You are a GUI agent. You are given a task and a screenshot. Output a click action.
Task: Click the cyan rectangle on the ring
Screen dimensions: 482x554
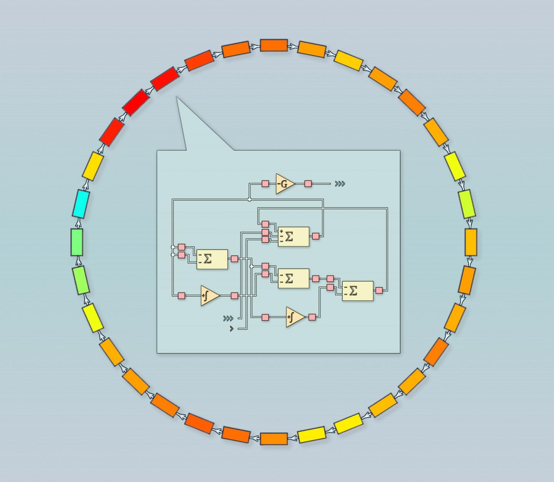pos(81,204)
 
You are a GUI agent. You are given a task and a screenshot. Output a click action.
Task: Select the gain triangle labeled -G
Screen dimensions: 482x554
pos(284,184)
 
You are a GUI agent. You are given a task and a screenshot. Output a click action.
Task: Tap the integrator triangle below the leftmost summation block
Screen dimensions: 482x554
pos(209,296)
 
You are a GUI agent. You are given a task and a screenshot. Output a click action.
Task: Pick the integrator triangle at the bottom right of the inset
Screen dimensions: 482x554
pos(295,317)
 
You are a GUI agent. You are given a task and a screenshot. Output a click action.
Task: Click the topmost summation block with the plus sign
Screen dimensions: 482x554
pos(293,236)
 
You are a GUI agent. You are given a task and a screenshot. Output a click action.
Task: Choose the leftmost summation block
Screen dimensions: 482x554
pos(212,259)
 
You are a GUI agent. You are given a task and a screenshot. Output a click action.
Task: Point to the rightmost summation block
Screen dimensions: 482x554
pos(357,291)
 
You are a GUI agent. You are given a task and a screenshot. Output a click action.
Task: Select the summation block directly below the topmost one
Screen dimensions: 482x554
pos(293,278)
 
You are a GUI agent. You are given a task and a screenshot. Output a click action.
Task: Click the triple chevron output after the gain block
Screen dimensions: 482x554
pos(340,184)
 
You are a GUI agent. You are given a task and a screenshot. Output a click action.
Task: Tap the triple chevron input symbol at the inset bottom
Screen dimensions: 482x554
pos(228,318)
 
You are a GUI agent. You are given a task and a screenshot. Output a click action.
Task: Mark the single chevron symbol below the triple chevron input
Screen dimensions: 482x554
pos(231,328)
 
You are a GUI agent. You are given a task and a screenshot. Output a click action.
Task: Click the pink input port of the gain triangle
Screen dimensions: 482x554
pos(265,184)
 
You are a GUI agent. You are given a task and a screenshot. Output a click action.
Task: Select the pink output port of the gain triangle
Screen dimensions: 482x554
pos(308,184)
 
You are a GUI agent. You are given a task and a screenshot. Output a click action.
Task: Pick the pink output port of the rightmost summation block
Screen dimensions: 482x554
pos(379,290)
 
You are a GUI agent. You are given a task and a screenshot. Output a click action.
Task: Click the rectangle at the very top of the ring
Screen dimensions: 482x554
pos(274,45)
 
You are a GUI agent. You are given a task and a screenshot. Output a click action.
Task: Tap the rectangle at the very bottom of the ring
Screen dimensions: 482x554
pos(274,438)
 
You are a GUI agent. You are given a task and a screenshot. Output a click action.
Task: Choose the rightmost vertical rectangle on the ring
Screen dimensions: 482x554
pos(471,242)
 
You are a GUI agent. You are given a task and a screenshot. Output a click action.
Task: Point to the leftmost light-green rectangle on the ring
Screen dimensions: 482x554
pos(77,242)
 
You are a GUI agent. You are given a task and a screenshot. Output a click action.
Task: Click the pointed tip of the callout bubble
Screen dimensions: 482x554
pos(177,97)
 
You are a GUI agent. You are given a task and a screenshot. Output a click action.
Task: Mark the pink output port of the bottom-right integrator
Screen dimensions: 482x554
pos(312,317)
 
